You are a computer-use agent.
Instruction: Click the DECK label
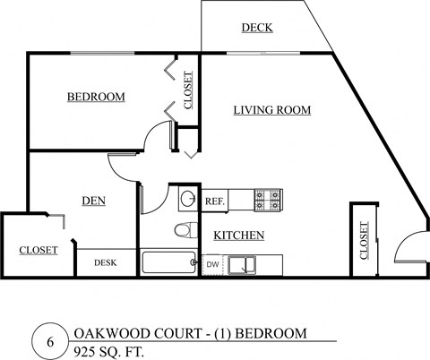(x=257, y=28)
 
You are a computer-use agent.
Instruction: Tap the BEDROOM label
(x=96, y=97)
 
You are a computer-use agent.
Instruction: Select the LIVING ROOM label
(x=271, y=110)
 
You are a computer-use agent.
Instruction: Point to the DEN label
(x=93, y=201)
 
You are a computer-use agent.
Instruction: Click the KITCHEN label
(x=238, y=236)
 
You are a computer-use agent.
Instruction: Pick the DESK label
(x=106, y=262)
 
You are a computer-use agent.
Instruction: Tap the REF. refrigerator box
(x=214, y=201)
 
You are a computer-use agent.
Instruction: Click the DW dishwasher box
(x=213, y=264)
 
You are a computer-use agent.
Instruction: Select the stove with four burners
(x=268, y=200)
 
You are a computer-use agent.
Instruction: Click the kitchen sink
(x=241, y=264)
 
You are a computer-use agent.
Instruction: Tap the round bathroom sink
(x=187, y=199)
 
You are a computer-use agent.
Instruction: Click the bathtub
(x=169, y=263)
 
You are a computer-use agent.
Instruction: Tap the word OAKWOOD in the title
(x=104, y=333)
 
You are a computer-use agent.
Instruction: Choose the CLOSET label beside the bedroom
(x=187, y=90)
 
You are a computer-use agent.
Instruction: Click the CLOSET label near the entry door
(x=364, y=240)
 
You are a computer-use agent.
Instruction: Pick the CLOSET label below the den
(x=39, y=250)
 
